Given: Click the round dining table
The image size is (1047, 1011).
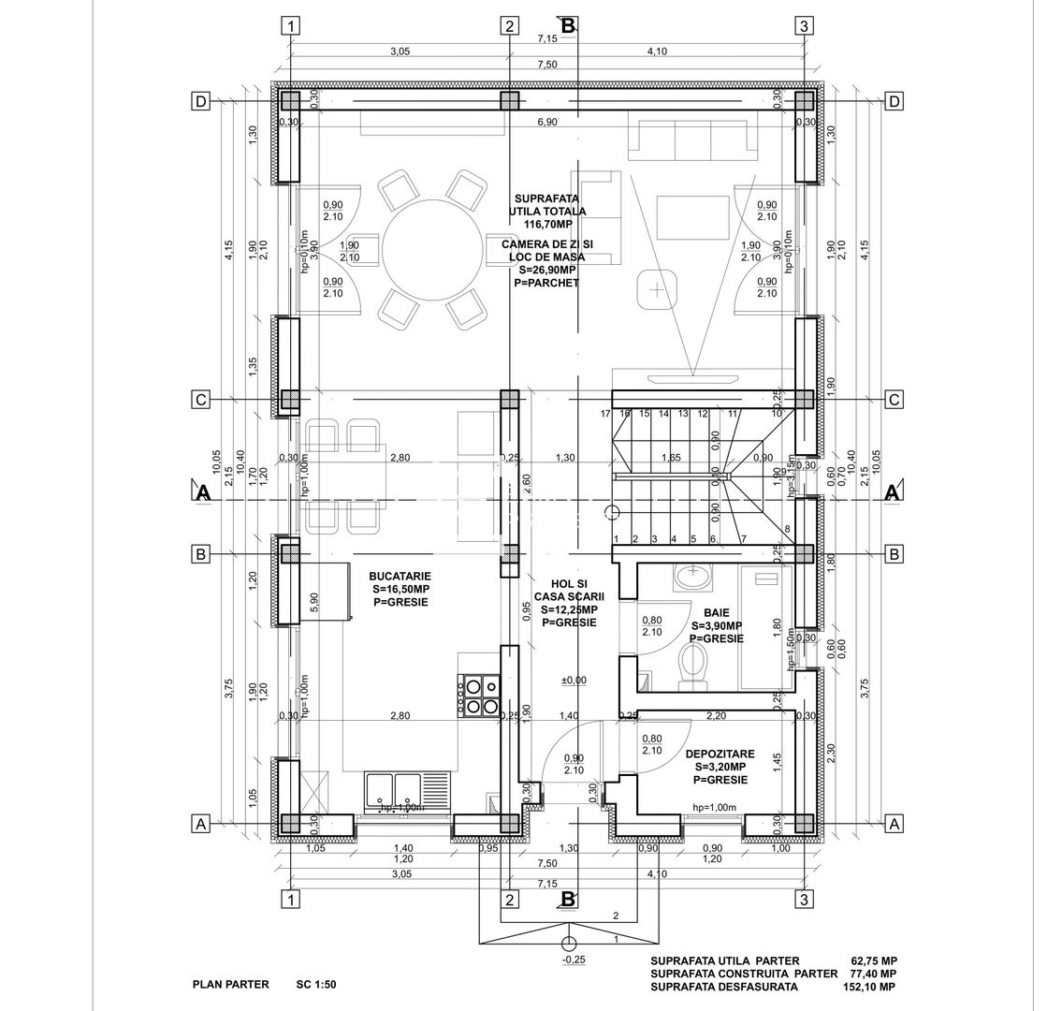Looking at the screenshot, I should pyautogui.click(x=432, y=248).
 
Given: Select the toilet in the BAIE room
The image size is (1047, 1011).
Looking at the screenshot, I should pyautogui.click(x=694, y=667).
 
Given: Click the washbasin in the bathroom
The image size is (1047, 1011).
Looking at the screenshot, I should pyautogui.click(x=694, y=579).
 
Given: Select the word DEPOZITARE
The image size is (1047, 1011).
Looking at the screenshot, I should pyautogui.click(x=720, y=754).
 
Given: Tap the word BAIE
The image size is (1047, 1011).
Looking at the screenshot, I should pyautogui.click(x=717, y=611).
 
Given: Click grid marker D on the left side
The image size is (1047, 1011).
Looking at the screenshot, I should pyautogui.click(x=199, y=101).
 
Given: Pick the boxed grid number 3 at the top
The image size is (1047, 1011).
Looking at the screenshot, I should pyautogui.click(x=803, y=26).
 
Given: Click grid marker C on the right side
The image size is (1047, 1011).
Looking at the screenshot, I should pyautogui.click(x=894, y=400).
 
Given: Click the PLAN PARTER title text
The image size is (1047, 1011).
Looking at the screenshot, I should pyautogui.click(x=230, y=984).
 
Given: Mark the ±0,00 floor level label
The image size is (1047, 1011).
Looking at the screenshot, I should pyautogui.click(x=573, y=681).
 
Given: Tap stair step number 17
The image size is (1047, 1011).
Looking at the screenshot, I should pyautogui.click(x=605, y=413).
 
